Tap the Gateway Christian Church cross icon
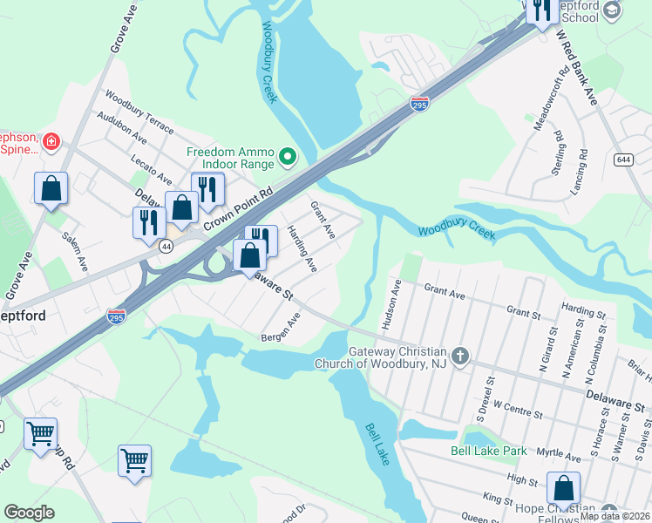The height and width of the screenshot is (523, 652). [461, 357]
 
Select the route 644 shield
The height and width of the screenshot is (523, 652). [622, 160]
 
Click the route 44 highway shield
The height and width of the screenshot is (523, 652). [166, 247]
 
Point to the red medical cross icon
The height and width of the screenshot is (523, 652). [51, 140]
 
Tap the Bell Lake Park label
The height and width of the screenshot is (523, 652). [488, 451]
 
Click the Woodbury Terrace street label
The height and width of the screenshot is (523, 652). [139, 112]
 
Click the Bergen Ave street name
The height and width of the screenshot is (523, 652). [281, 328]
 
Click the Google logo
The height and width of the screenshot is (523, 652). [29, 513]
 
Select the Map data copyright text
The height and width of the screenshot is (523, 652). [615, 516]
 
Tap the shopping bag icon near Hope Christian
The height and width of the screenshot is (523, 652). [563, 489]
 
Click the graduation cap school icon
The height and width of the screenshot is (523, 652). [611, 9]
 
